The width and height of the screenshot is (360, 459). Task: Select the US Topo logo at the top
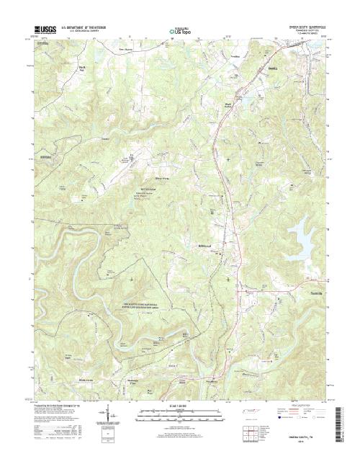tap(179, 32)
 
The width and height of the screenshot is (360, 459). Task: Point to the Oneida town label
tap(272, 69)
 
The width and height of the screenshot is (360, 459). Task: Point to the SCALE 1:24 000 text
tap(179, 406)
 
